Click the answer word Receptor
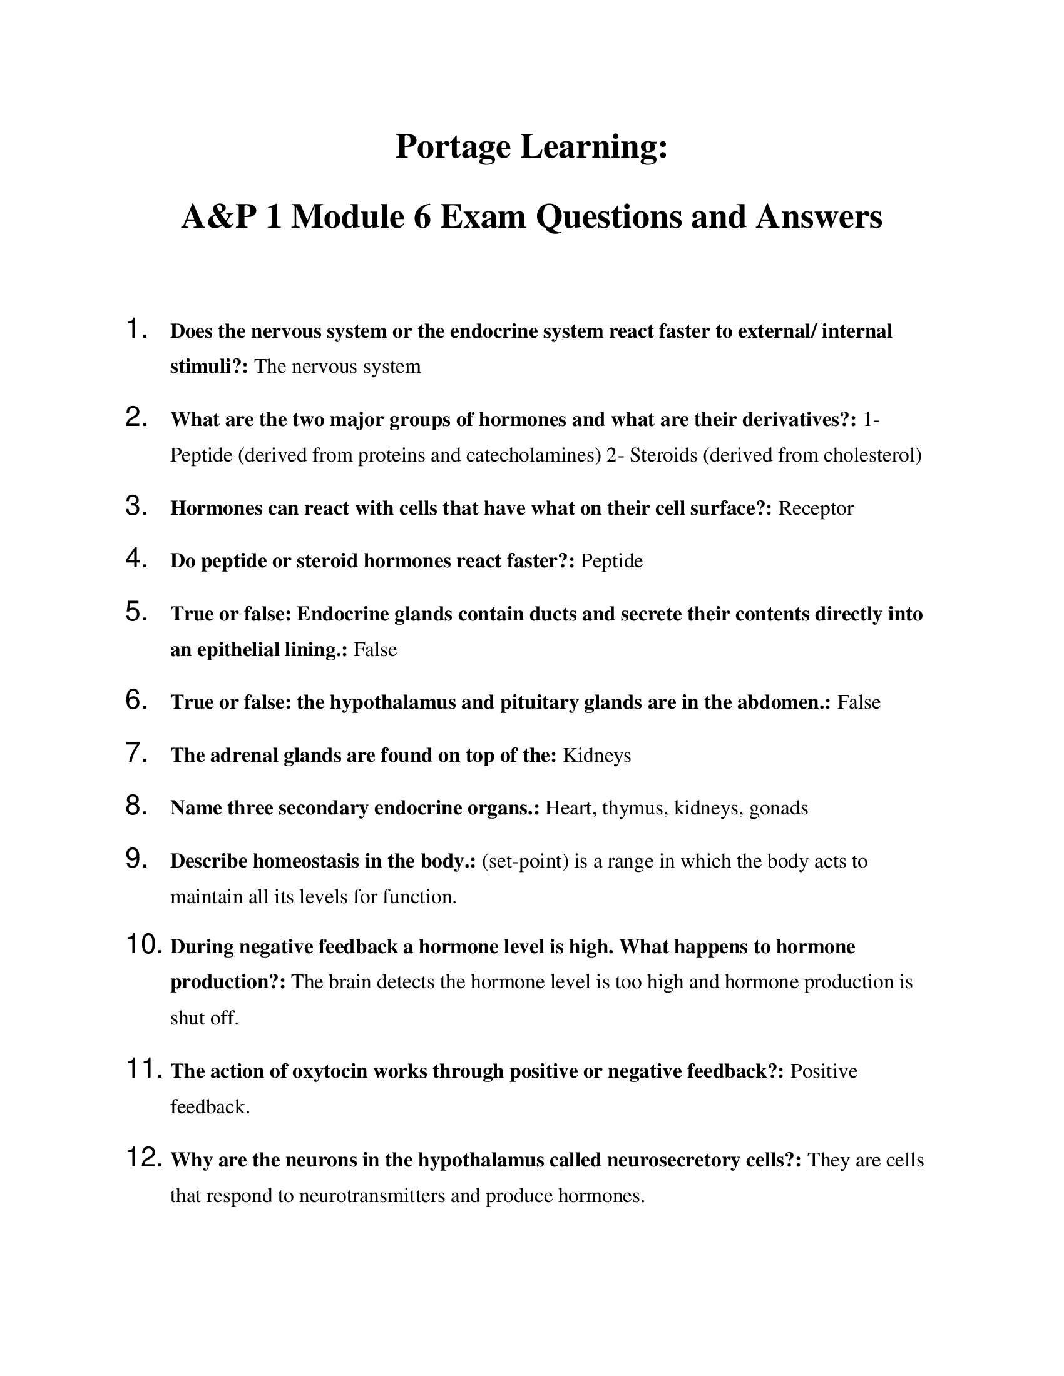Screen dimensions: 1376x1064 coord(816,508)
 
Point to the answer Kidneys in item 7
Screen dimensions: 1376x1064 coord(596,756)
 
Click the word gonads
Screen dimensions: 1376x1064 coord(779,808)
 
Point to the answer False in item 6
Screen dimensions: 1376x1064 coord(859,702)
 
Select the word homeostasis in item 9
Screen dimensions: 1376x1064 coord(305,861)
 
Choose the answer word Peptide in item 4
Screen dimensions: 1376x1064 coord(611,561)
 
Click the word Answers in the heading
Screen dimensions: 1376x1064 coord(819,218)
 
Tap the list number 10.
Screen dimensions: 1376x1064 coord(145,944)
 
